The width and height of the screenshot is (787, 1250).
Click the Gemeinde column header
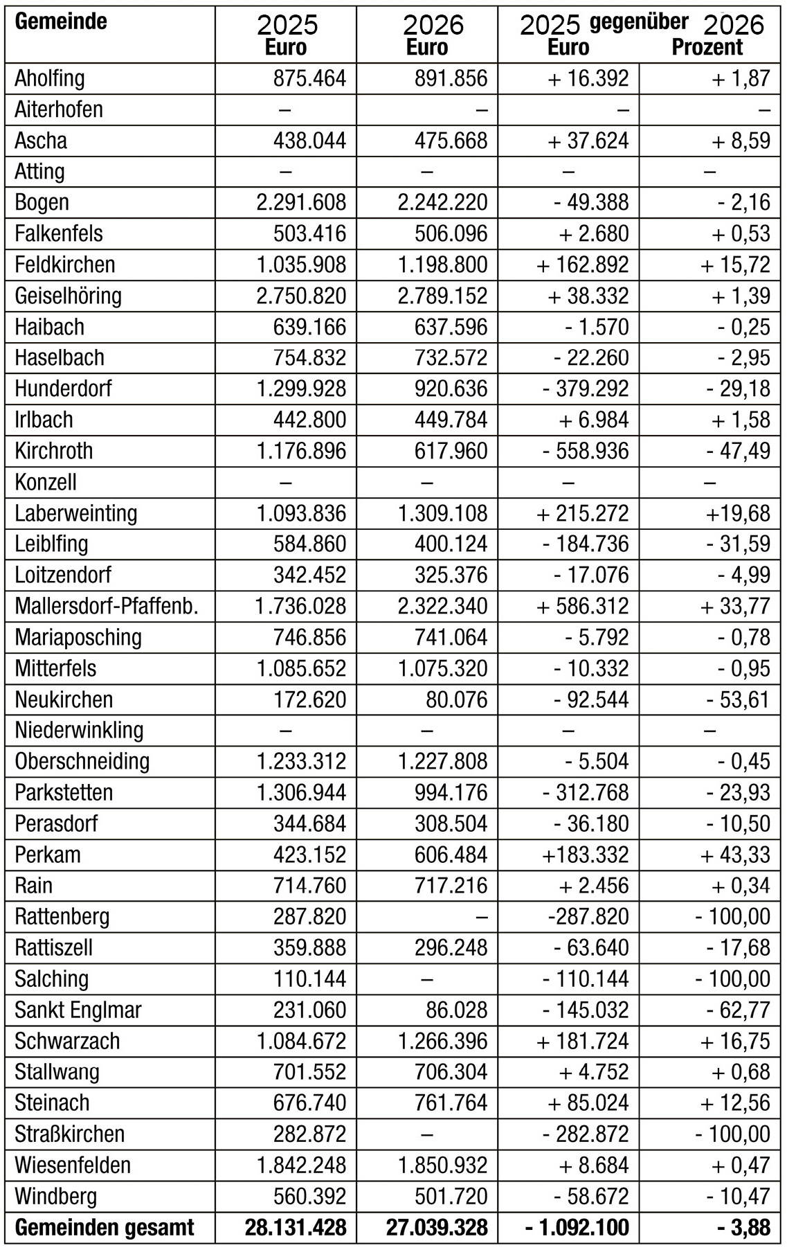[61, 21]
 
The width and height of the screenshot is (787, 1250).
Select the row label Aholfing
[50, 78]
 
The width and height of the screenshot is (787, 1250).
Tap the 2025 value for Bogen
[301, 202]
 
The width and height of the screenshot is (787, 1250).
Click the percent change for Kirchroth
[738, 451]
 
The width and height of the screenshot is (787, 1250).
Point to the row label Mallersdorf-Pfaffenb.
[107, 606]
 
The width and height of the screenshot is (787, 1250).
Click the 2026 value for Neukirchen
[457, 699]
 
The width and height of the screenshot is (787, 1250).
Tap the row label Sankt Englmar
[78, 1010]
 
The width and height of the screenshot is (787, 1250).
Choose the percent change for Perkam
[735, 855]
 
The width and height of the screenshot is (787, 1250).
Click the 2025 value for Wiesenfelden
[301, 1165]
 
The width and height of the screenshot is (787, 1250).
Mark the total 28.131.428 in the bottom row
[296, 1227]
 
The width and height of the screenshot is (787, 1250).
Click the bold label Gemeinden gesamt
[105, 1227]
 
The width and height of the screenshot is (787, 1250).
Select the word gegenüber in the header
[639, 22]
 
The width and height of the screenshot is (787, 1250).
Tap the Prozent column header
[707, 47]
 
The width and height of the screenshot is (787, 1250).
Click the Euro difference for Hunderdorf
[586, 389]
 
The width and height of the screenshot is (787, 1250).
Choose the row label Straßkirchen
[70, 1134]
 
